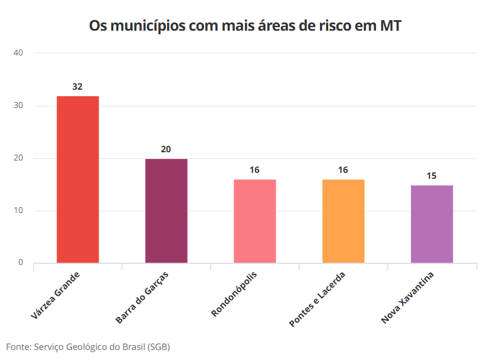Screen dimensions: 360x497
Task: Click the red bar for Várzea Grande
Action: pyautogui.click(x=77, y=179)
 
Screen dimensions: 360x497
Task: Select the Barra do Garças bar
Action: pyautogui.click(x=166, y=211)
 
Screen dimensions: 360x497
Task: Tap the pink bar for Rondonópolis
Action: pyautogui.click(x=254, y=221)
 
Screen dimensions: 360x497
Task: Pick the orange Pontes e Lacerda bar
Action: pyautogui.click(x=343, y=221)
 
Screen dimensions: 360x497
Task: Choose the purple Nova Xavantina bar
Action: pyautogui.click(x=431, y=224)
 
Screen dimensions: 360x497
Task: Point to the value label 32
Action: pyautogui.click(x=77, y=87)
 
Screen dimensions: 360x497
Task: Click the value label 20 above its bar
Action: pyautogui.click(x=166, y=149)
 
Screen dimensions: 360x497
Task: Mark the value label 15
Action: pyautogui.click(x=431, y=176)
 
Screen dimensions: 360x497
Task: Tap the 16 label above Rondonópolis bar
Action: pyautogui.click(x=254, y=170)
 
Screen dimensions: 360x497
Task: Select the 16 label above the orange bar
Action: pyautogui.click(x=343, y=170)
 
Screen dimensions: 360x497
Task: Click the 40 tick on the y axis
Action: pyautogui.click(x=18, y=53)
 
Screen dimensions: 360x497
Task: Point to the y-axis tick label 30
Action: pyautogui.click(x=18, y=106)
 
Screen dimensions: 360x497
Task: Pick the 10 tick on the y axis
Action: pyautogui.click(x=18, y=211)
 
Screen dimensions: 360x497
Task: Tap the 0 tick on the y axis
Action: pyautogui.click(x=21, y=263)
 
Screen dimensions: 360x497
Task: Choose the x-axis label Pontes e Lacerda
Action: pyautogui.click(x=317, y=300)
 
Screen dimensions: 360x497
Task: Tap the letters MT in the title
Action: pyautogui.click(x=392, y=26)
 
